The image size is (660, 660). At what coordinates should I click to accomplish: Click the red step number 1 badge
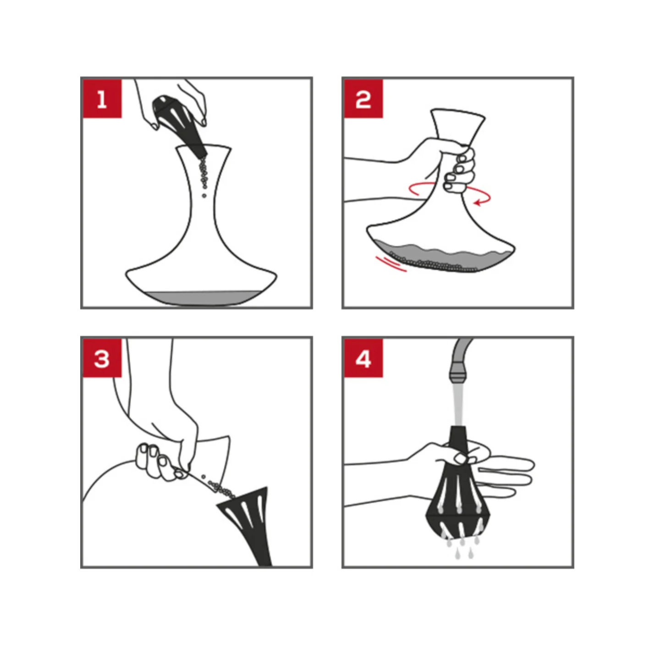pos(102,99)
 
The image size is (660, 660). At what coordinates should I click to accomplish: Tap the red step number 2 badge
pos(363,99)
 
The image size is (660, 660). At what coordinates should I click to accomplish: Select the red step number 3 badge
pos(102,358)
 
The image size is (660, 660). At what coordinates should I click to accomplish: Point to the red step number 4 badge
pos(363,358)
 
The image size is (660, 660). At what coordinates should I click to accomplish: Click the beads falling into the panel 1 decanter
pos(203,176)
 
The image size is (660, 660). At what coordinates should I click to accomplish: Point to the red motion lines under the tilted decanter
pos(390,264)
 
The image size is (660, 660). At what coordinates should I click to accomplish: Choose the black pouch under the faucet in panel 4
pos(458,500)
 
